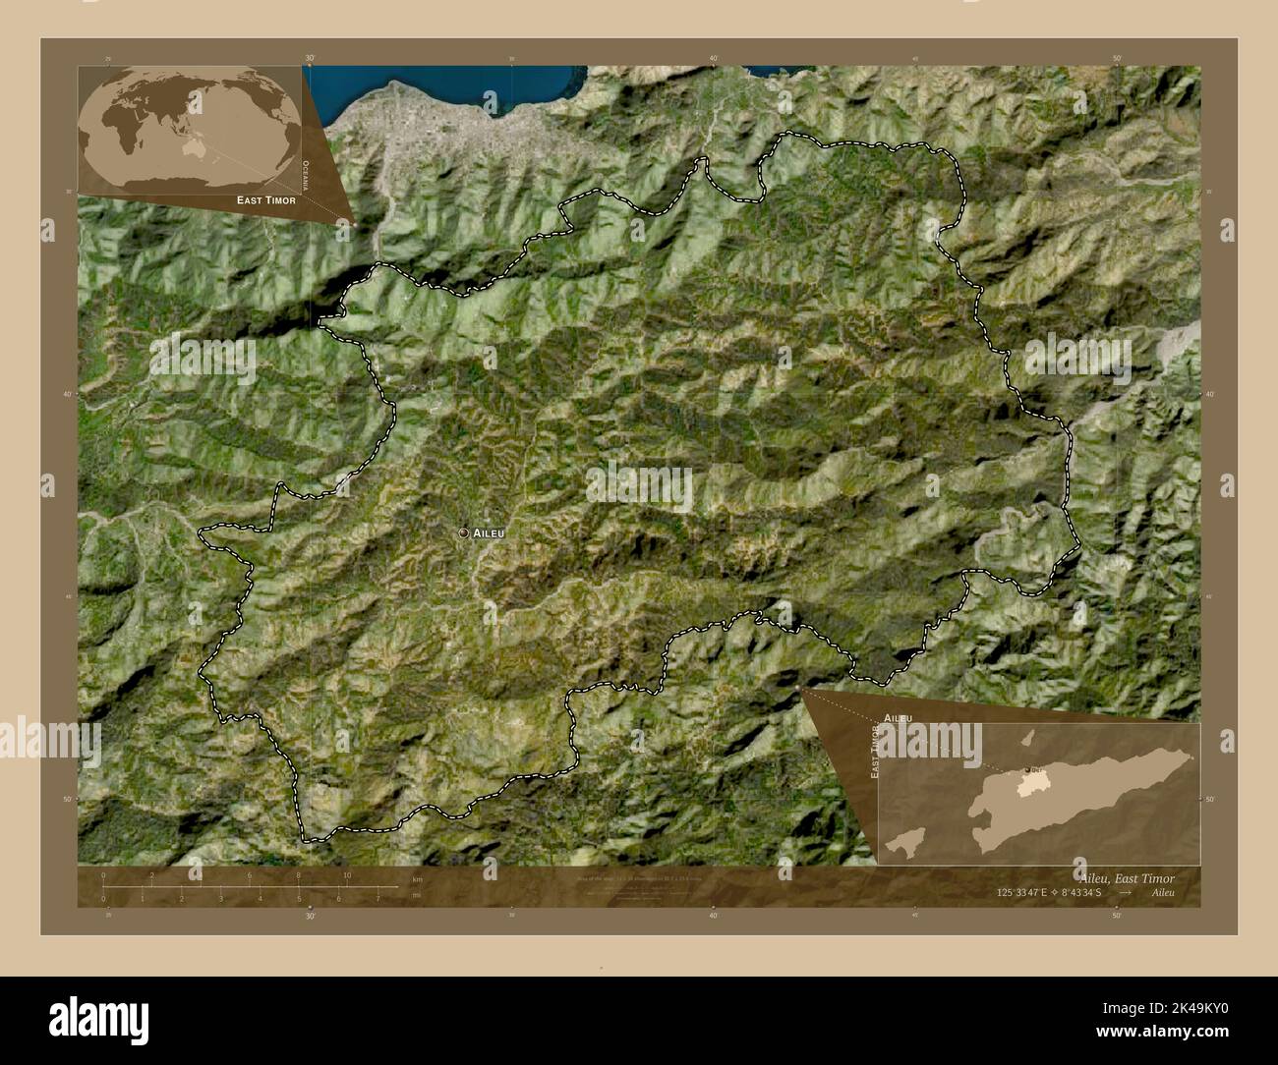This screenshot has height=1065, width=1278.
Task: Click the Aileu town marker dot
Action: coord(464,532)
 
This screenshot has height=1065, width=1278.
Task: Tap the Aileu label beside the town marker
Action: coord(490,532)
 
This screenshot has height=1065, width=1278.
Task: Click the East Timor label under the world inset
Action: coord(265,199)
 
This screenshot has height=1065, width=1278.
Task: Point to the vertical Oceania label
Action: coord(306,174)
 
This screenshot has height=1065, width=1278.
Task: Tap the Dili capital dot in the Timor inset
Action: coord(1026,769)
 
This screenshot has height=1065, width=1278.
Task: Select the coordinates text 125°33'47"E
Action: coord(1021,893)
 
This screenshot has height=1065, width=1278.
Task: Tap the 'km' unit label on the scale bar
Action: coord(417,879)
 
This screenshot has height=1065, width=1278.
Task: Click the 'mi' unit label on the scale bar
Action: coord(417,895)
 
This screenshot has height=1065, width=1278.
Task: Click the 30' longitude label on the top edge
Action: coord(310,59)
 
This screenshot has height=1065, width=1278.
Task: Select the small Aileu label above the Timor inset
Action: coord(898,718)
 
